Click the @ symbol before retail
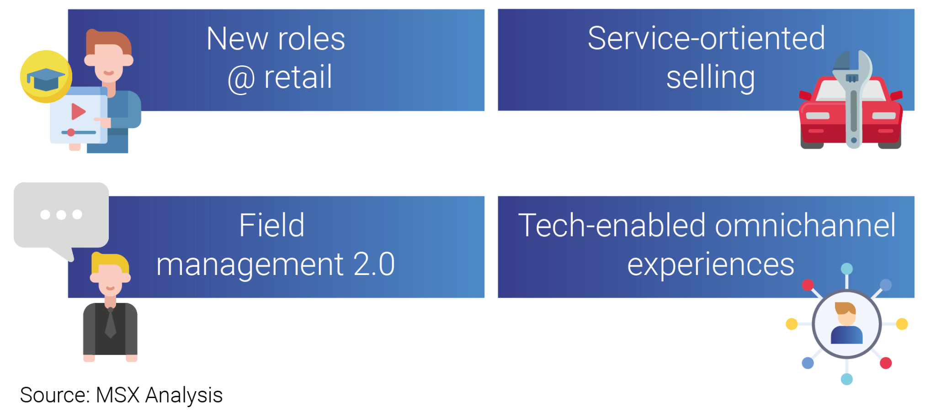click(241, 79)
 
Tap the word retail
click(298, 77)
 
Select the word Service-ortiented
click(706, 38)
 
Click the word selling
click(710, 78)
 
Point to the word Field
click(272, 226)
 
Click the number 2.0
click(374, 264)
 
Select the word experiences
click(710, 265)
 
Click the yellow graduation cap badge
click(46, 76)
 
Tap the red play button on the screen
click(78, 111)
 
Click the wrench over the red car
click(853, 98)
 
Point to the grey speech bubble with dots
click(61, 215)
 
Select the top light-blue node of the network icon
click(847, 269)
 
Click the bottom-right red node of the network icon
click(886, 363)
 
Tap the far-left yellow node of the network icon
click(792, 324)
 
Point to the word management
click(250, 265)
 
